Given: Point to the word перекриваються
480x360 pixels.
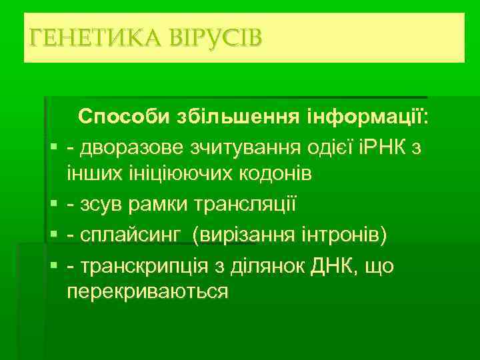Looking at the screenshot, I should [x=147, y=292].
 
